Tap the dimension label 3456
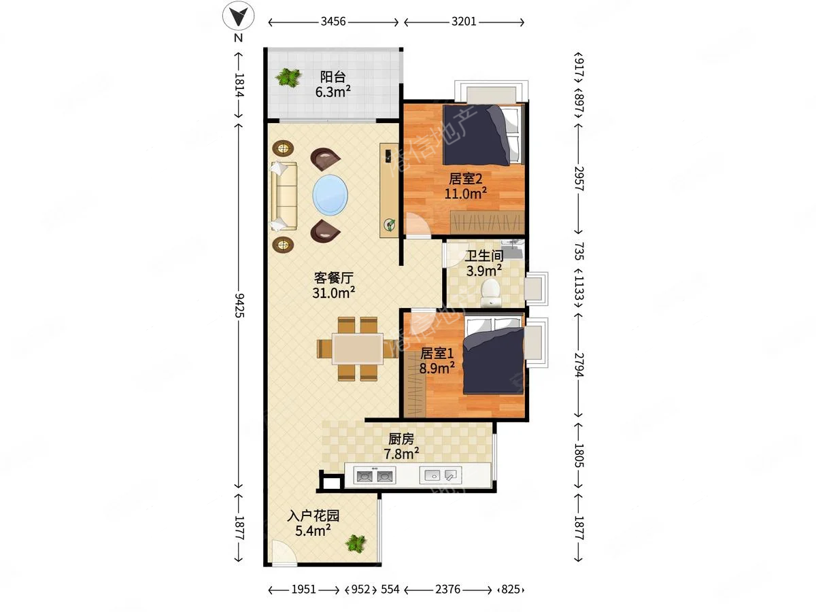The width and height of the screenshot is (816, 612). [x=333, y=22]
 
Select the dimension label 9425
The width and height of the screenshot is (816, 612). [x=239, y=305]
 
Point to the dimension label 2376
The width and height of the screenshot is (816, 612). [x=447, y=590]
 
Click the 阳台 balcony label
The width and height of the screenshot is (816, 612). [x=333, y=77]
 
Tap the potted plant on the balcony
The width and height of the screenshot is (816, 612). [x=288, y=78]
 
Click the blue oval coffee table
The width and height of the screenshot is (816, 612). [x=330, y=195]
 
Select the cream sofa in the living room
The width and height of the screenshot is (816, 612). [x=284, y=196]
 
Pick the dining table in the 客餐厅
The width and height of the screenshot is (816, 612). [x=357, y=349]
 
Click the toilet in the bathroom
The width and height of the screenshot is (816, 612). [x=490, y=293]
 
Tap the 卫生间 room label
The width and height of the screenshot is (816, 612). [x=484, y=255]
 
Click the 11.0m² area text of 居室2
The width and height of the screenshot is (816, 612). [x=465, y=194]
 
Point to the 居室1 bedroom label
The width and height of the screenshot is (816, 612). [x=437, y=354]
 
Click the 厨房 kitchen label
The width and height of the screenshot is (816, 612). [x=401, y=439]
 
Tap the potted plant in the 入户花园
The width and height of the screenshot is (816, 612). [x=356, y=543]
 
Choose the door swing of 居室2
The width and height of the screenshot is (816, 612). [x=418, y=225]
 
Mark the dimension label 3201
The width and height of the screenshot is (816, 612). [x=464, y=22]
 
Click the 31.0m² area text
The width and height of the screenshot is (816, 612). [x=333, y=293]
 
